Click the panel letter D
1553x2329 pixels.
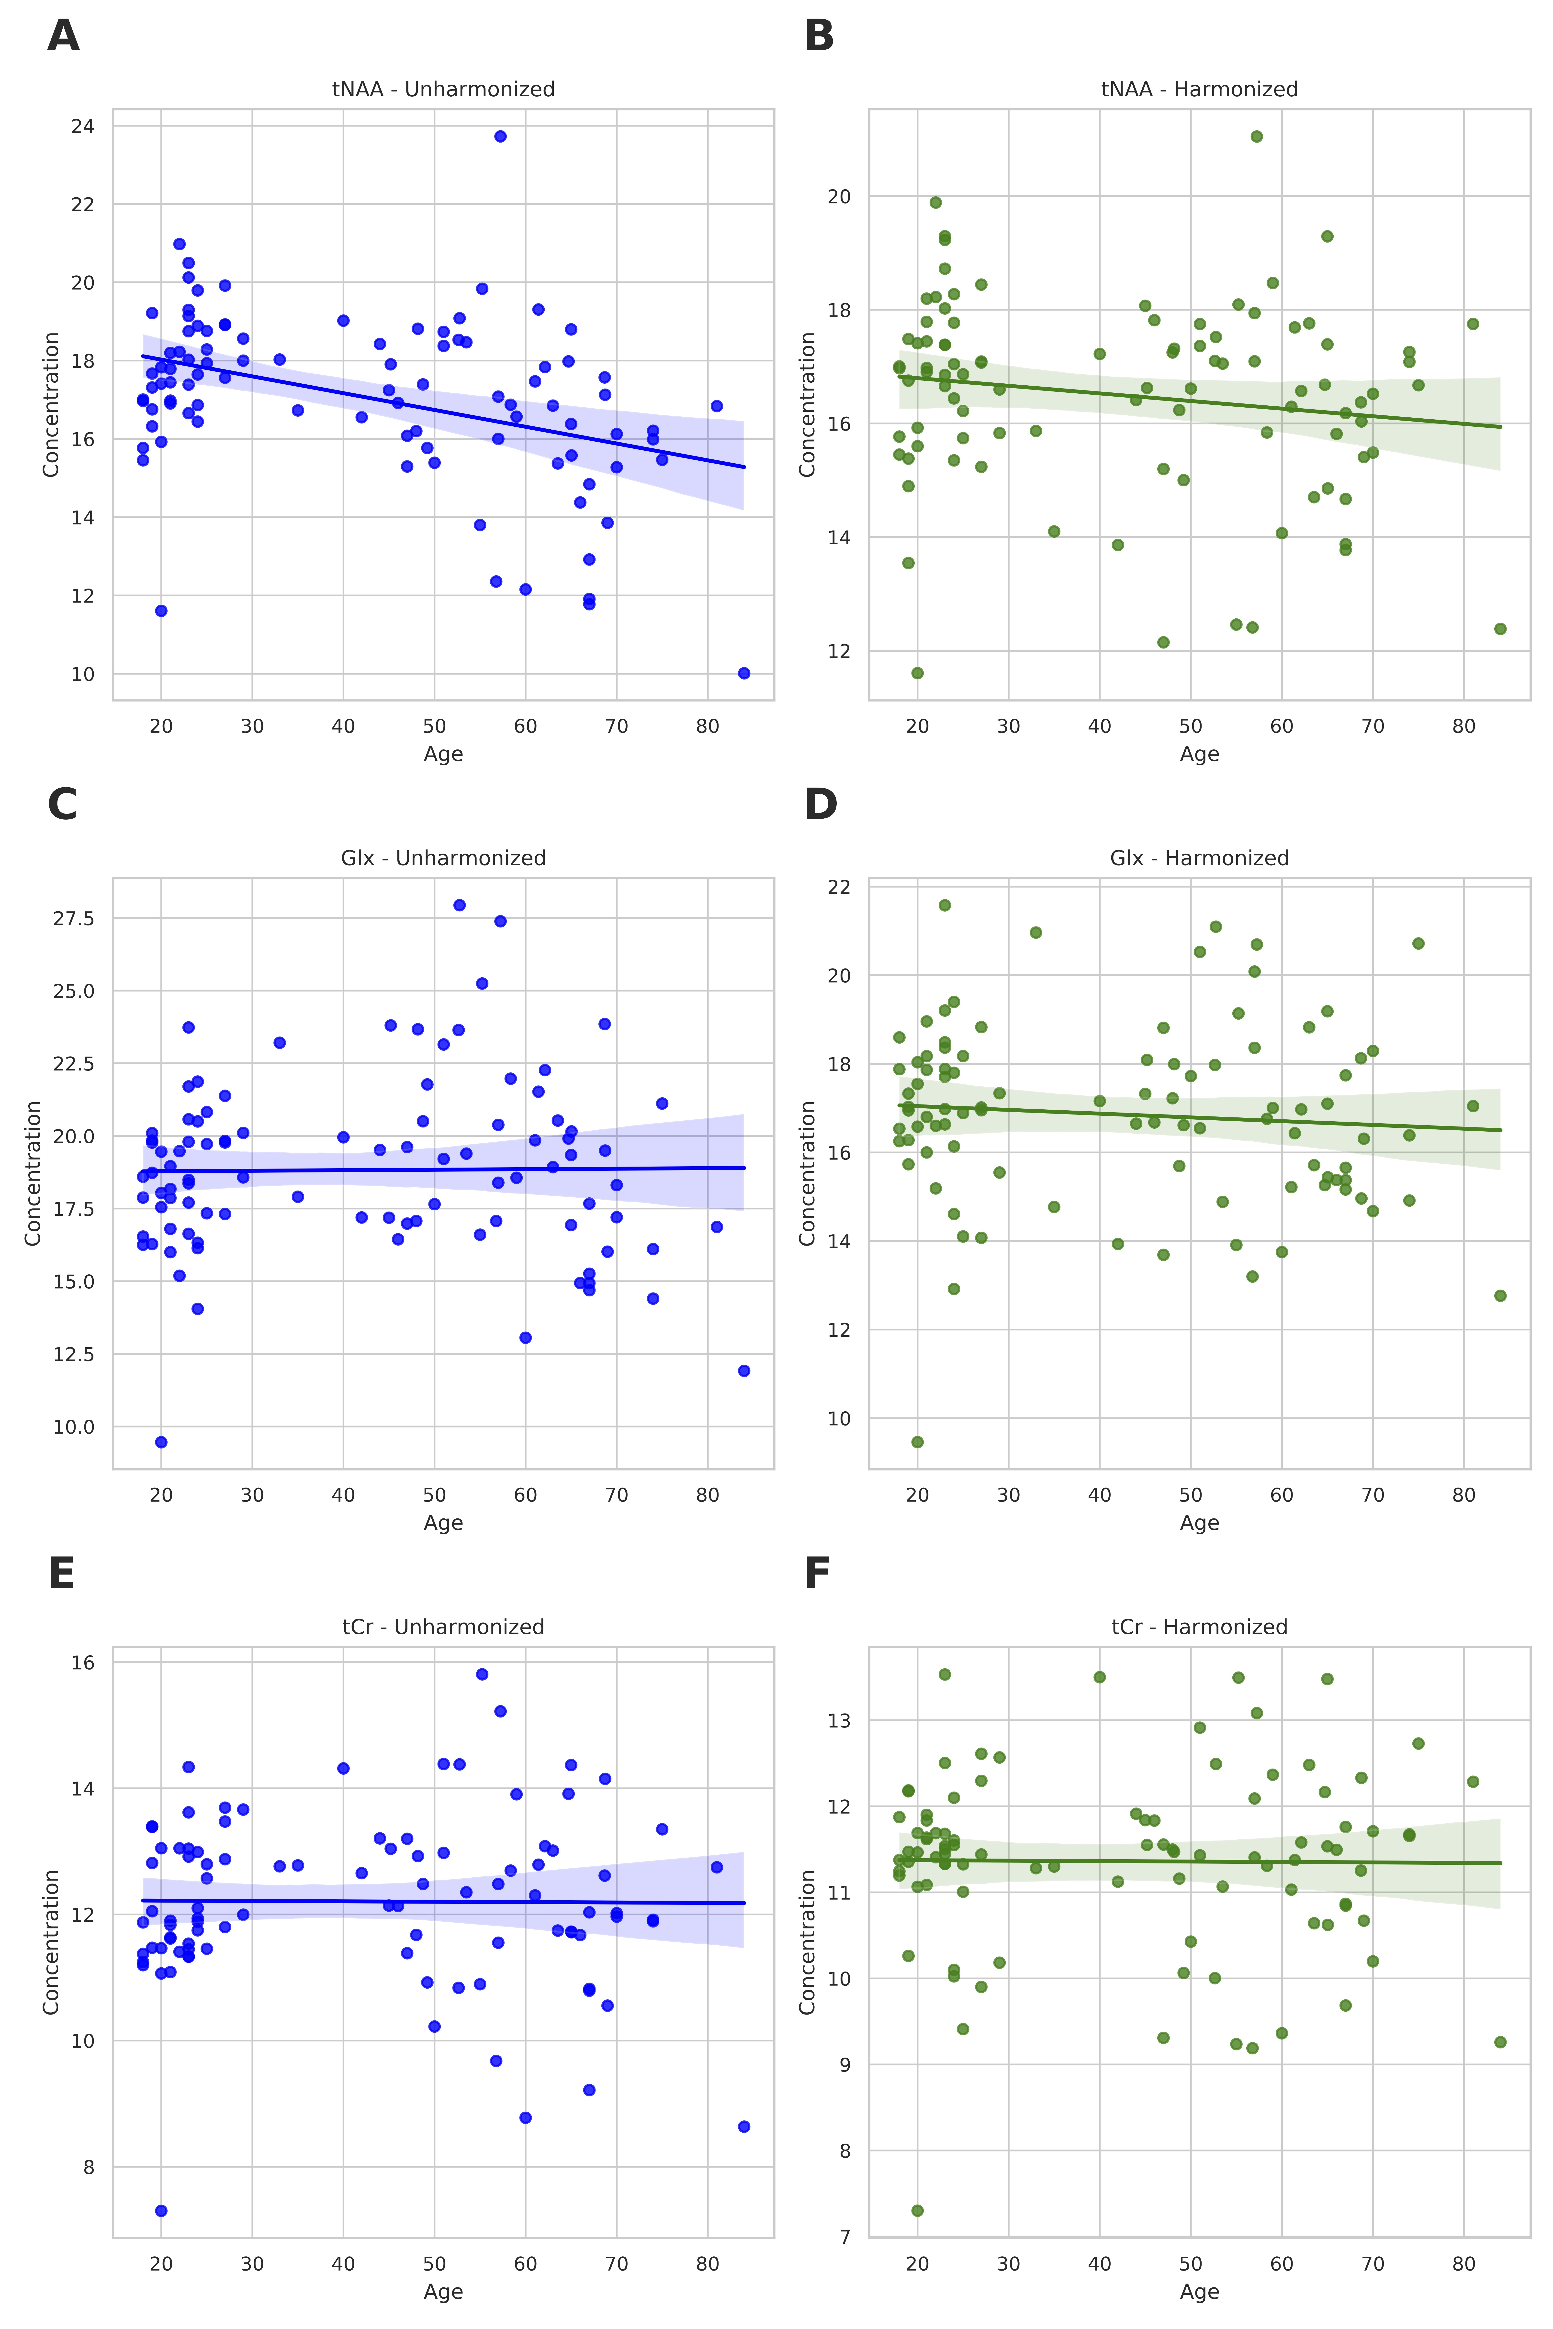tap(820, 805)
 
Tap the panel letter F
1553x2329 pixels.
tap(817, 1574)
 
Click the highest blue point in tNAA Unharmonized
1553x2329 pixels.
tap(500, 137)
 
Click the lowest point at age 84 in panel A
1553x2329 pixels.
tap(744, 673)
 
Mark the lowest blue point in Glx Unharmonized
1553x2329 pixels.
tap(161, 1442)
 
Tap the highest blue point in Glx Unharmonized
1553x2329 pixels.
tap(460, 905)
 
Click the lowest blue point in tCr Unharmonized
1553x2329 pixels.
tap(161, 2210)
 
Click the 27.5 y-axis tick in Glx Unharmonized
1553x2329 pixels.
tap(74, 919)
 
